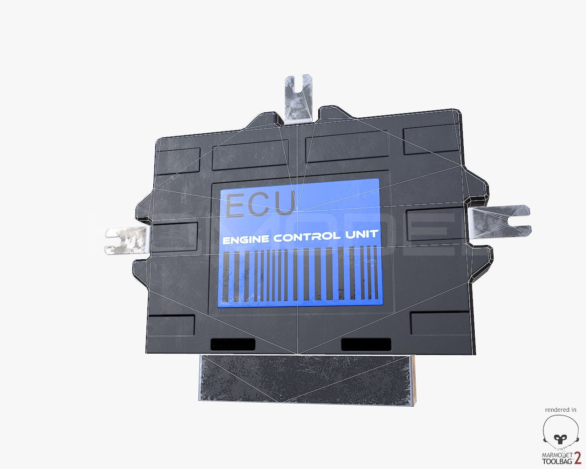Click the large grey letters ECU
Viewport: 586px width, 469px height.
[x=260, y=204]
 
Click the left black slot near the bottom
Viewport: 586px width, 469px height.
[x=232, y=344]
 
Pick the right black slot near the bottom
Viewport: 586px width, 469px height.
[x=366, y=344]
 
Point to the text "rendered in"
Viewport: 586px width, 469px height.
[x=560, y=409]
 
